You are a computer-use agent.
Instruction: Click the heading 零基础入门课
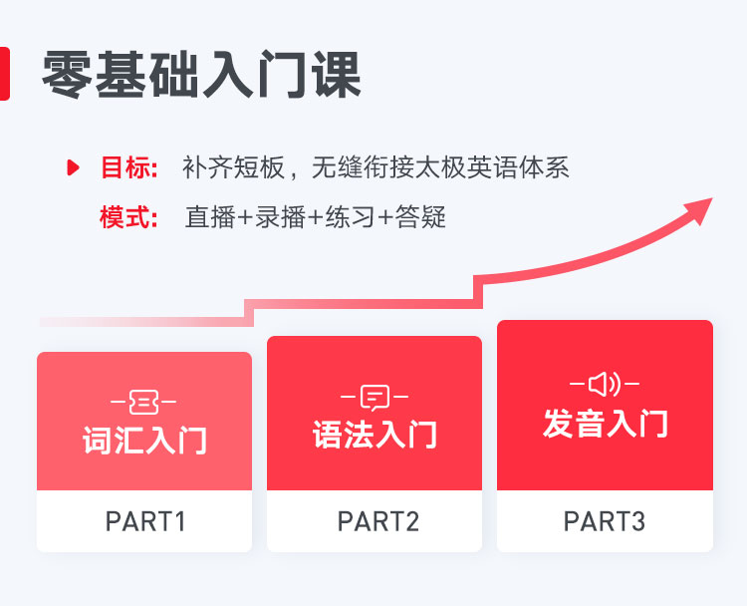[x=201, y=75]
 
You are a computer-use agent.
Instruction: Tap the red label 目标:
[x=129, y=167]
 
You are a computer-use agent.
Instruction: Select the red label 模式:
[x=128, y=217]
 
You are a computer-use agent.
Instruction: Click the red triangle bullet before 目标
[x=73, y=167]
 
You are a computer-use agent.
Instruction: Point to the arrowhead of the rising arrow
[x=699, y=209]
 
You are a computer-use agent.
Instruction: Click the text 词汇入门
[x=144, y=441]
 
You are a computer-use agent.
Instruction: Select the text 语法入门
[x=374, y=435]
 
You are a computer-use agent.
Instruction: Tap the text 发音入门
[x=605, y=424]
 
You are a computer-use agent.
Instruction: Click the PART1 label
[x=144, y=521]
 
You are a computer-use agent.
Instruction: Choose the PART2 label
[x=378, y=521]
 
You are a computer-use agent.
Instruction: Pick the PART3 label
[x=605, y=521]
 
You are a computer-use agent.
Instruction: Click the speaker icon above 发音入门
[x=605, y=384]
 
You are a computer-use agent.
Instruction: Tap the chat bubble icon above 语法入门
[x=374, y=398]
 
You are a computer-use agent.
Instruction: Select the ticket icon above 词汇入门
[x=143, y=402]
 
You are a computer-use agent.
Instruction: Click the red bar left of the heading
[x=5, y=74]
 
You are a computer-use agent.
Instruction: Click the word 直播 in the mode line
[x=210, y=217]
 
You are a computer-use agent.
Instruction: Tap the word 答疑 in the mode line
[x=420, y=217]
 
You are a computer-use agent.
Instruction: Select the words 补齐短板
[x=233, y=167]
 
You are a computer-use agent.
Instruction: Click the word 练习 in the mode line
[x=351, y=217]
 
